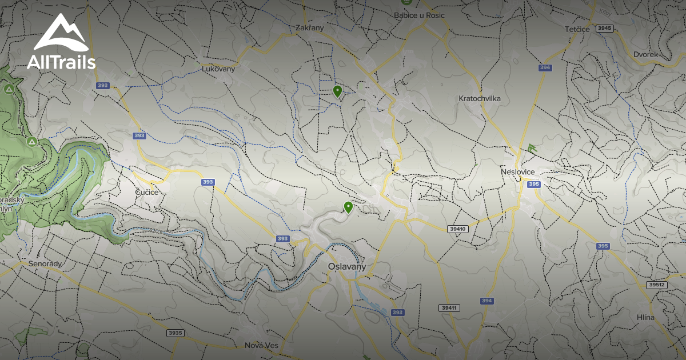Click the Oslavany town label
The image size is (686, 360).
click(x=346, y=267)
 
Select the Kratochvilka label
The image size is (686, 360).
click(x=480, y=98)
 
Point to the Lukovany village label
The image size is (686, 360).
click(x=218, y=69)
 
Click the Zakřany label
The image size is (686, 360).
click(x=310, y=27)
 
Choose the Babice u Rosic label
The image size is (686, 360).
click(x=419, y=15)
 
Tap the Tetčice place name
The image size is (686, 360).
click(x=577, y=29)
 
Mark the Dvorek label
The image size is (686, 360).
click(x=645, y=54)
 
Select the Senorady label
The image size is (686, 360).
click(x=45, y=264)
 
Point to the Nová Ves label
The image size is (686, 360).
click(x=261, y=345)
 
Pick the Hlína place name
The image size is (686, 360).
click(x=645, y=317)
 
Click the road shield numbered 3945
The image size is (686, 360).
click(x=604, y=28)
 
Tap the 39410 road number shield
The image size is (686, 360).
click(x=458, y=229)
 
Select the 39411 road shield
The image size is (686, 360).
click(x=449, y=308)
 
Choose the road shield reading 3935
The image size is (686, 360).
click(x=176, y=333)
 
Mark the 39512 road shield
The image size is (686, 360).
click(x=657, y=285)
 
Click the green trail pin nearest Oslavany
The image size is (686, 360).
click(x=348, y=207)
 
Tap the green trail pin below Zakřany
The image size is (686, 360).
click(x=337, y=91)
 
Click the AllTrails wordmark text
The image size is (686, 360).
click(x=61, y=62)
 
